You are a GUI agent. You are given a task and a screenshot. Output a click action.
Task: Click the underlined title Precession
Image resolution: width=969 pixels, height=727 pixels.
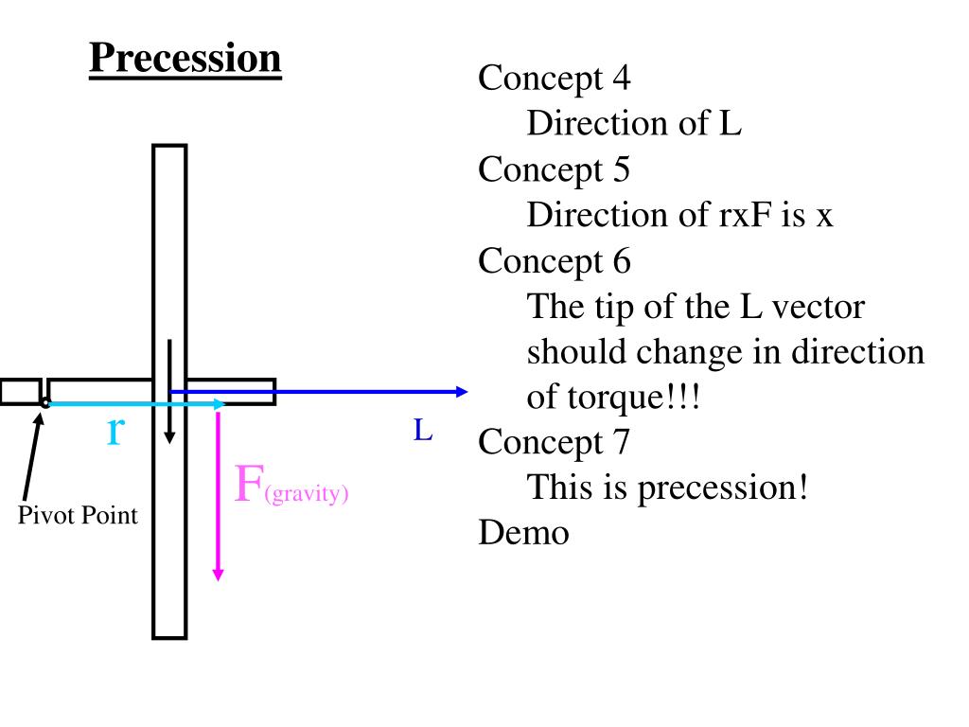coord(185,59)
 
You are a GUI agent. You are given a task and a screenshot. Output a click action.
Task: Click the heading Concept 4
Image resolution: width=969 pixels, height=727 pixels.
coord(554,78)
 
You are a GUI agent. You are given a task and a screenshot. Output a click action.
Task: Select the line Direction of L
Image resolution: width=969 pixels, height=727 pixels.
coord(634,123)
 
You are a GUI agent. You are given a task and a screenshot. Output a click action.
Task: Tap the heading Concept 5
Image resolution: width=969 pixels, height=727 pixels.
coord(554,169)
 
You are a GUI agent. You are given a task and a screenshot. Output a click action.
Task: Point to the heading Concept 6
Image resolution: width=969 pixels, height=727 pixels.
coord(554,260)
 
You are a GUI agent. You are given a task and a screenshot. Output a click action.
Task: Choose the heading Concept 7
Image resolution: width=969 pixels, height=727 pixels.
coord(554,442)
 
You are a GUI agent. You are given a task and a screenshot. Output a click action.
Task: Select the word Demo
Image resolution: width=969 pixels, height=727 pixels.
coord(523,533)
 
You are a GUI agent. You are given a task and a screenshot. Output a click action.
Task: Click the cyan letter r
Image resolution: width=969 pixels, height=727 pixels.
coord(115,431)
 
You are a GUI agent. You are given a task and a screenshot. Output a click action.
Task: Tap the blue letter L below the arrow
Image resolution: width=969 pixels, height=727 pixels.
coord(422,432)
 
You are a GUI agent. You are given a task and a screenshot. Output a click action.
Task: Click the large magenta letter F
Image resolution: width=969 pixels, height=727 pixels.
coord(249,484)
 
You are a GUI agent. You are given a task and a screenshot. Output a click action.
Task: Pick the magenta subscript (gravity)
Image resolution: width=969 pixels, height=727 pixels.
coord(307,493)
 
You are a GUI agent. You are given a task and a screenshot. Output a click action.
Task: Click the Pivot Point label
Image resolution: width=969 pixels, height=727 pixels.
coord(78,516)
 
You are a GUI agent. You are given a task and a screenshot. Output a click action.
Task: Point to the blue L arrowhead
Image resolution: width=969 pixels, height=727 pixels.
coord(462,392)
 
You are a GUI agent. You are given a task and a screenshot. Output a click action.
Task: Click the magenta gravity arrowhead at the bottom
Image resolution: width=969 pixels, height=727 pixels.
coord(219,573)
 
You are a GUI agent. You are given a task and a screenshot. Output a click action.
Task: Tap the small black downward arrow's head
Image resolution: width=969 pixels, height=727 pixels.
coord(169,436)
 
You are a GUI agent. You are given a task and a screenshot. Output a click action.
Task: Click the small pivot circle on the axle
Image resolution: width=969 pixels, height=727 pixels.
coord(44,403)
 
